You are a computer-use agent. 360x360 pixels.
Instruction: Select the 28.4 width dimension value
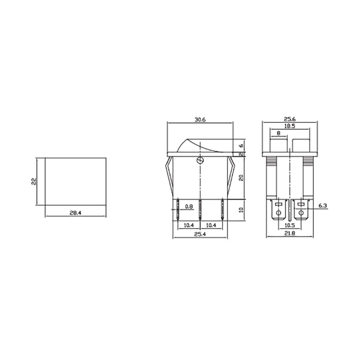point(76,213)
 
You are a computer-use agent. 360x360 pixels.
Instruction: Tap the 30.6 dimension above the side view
point(200,120)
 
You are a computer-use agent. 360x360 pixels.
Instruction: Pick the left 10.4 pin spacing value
point(189,225)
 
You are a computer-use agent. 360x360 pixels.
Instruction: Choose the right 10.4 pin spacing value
point(211,225)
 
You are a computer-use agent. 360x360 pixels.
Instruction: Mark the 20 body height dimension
point(241,177)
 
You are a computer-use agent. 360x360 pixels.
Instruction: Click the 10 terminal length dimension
point(241,210)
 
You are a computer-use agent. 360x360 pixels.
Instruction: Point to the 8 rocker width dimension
point(279,133)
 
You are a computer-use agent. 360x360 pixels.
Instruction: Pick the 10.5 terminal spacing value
point(289,225)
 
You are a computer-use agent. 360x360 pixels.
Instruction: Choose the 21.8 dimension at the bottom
point(289,234)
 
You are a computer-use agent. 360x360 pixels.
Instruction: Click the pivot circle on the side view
point(200,161)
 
